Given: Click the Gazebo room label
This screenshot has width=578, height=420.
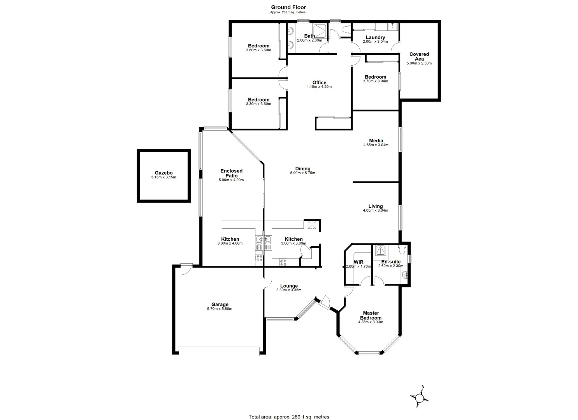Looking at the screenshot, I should click(163, 173).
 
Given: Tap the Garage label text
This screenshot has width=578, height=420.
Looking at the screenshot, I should click(220, 304).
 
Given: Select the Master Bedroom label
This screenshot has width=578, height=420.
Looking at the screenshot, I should click(371, 315).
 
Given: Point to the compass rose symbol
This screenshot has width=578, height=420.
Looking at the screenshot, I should click(420, 397).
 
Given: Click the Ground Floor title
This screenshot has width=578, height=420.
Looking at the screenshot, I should click(288, 7).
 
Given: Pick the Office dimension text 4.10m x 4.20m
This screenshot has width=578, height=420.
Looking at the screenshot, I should click(319, 87).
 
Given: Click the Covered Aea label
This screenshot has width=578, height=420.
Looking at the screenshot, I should click(419, 56).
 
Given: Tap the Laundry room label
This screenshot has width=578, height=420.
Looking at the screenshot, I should click(375, 37).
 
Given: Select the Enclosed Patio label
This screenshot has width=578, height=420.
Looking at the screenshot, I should click(231, 173).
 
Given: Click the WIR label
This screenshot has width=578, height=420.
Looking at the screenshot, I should click(358, 262).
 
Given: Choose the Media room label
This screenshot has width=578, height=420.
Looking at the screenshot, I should click(376, 140).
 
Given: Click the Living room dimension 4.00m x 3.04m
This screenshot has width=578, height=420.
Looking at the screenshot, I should click(376, 210).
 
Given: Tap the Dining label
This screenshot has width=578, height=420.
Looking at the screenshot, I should click(302, 169).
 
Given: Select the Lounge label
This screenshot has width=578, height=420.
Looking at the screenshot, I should click(289, 286).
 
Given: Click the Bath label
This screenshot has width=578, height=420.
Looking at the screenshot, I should click(309, 36).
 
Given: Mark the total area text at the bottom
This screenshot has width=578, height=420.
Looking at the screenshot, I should click(289, 417).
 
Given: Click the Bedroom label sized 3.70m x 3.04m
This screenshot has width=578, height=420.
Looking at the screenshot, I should click(375, 77).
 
